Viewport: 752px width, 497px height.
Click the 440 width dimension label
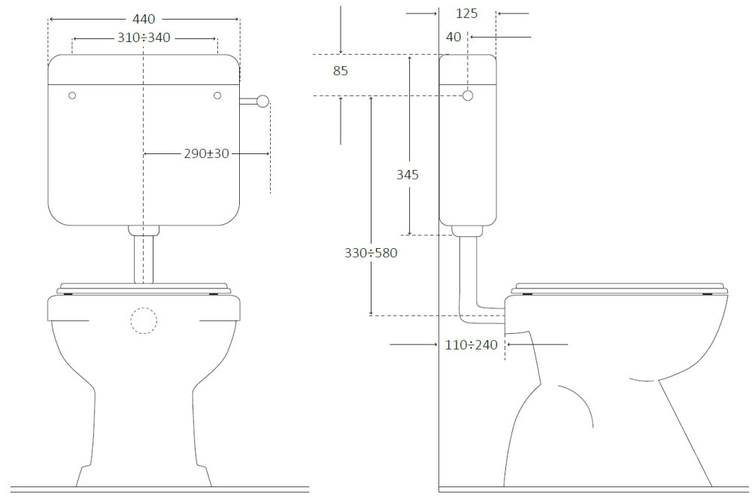click(144, 19)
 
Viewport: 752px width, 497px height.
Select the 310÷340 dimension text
click(144, 38)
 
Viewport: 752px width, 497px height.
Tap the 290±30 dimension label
click(206, 153)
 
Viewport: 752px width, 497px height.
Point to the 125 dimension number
click(467, 14)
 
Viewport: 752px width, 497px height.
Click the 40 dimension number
click(453, 37)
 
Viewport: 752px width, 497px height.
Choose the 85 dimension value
click(340, 71)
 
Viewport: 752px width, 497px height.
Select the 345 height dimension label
click(407, 174)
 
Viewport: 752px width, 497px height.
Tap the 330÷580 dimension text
click(371, 253)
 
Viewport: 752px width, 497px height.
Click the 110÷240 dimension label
click(471, 344)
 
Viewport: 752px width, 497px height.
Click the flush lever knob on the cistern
click(262, 102)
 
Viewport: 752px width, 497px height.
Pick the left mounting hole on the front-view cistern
click(72, 95)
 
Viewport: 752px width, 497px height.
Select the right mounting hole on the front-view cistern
click(217, 95)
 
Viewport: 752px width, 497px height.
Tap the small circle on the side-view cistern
click(468, 95)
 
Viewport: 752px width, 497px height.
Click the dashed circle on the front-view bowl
click(144, 320)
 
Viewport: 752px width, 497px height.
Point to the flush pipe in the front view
click(144, 259)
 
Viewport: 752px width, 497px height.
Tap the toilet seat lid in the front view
click(144, 288)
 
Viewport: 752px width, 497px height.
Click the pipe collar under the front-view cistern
click(144, 231)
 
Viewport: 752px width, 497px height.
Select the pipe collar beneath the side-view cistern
click(467, 232)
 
